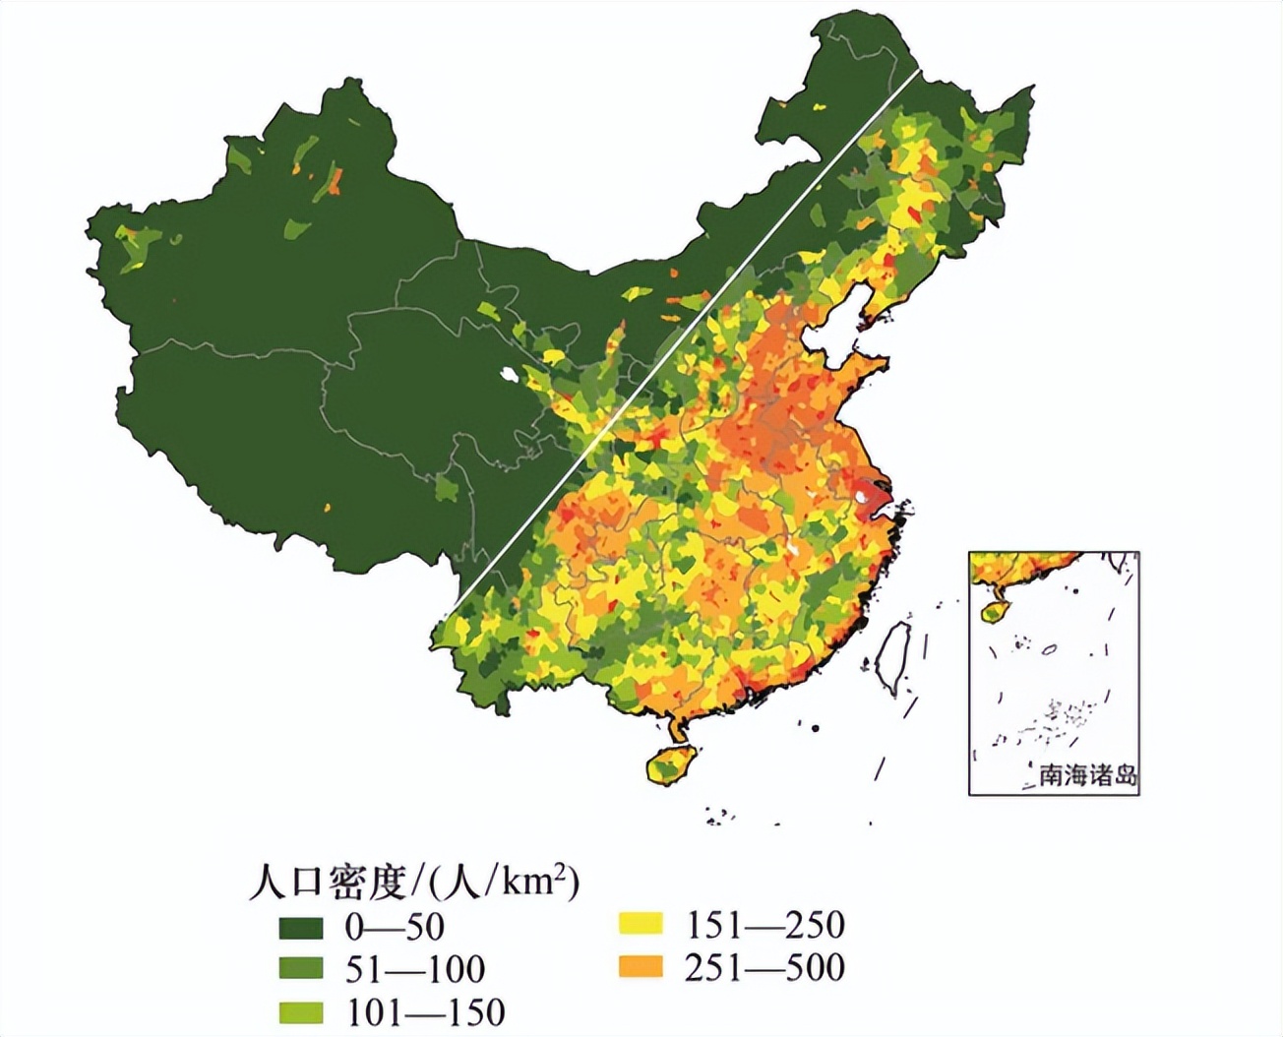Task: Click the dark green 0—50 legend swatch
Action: tap(300, 927)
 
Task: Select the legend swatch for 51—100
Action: tap(300, 969)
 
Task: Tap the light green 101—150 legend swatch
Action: tap(300, 1011)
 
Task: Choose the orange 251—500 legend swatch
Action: tap(640, 967)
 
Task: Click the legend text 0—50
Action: tap(394, 927)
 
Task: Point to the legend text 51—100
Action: tap(414, 969)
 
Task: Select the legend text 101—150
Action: tap(424, 1011)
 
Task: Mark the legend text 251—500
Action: tap(764, 967)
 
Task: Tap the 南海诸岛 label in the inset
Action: tap(1087, 775)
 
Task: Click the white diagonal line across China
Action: tap(689, 335)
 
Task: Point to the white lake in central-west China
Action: tap(508, 374)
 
